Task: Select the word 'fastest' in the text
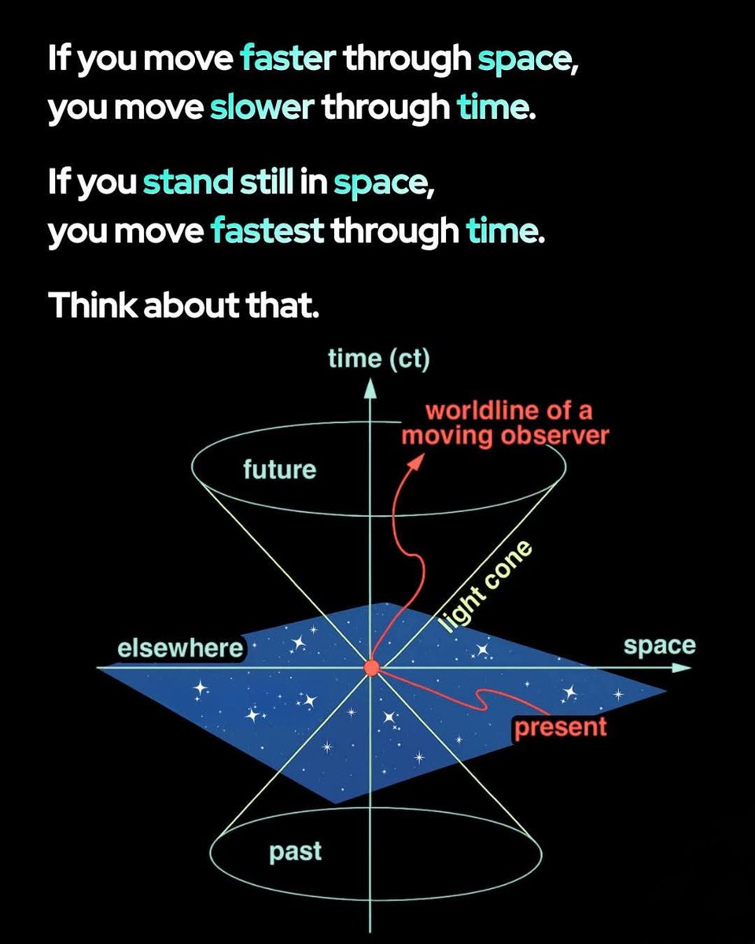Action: (267, 231)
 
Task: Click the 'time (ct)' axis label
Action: (378, 359)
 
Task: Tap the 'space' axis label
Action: (660, 646)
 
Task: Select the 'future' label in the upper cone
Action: (279, 470)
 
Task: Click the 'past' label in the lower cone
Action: (296, 852)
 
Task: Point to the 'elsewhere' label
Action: (180, 649)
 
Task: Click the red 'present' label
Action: (560, 727)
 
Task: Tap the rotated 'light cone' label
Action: (484, 588)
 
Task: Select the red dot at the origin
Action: (371, 668)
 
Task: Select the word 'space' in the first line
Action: (526, 59)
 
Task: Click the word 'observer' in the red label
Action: (559, 435)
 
